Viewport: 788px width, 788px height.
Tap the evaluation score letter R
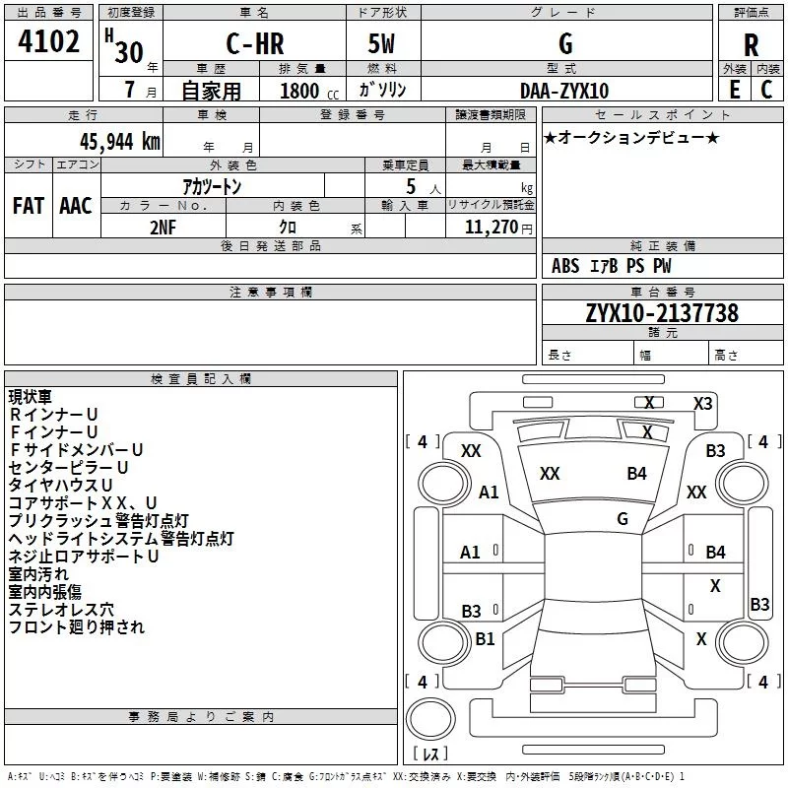point(751,44)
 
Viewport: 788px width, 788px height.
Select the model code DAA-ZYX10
point(564,91)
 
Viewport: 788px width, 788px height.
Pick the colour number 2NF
point(163,226)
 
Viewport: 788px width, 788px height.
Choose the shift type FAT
point(29,205)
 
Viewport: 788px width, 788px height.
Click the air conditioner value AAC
point(75,205)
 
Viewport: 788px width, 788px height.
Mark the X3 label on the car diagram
point(702,403)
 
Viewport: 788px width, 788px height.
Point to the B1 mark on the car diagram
point(485,639)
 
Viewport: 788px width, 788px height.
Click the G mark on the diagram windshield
point(622,518)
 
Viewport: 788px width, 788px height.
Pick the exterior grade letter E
point(734,90)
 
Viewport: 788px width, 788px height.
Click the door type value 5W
point(382,44)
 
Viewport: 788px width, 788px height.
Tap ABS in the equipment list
point(565,266)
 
